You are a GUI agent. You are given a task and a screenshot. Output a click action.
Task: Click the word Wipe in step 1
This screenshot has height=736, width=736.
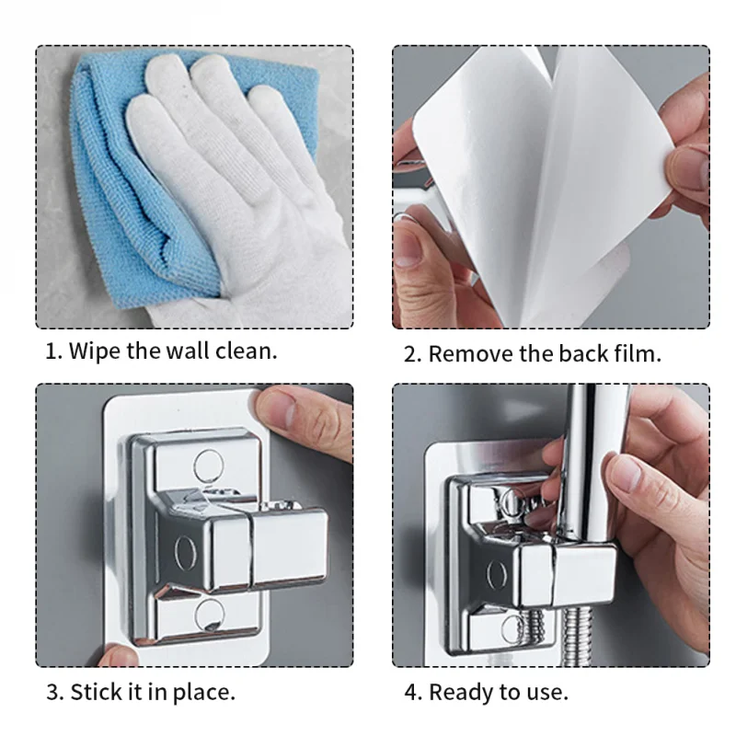[x=95, y=351]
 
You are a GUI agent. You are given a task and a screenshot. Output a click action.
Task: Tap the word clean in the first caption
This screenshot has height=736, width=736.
[x=246, y=351]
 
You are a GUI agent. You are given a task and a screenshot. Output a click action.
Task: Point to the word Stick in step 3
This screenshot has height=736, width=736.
[x=96, y=692]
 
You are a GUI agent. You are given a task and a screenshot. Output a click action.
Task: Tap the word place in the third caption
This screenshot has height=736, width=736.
[x=204, y=694]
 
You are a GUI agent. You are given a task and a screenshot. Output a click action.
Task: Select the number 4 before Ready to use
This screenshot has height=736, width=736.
[x=410, y=693]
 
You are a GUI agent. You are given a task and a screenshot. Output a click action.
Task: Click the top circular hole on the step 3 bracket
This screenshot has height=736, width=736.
[x=209, y=466]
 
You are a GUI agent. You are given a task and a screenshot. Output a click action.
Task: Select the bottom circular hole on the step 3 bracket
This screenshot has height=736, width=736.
[x=209, y=615]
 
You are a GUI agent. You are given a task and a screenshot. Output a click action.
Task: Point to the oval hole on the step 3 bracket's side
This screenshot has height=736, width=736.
[x=186, y=552]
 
